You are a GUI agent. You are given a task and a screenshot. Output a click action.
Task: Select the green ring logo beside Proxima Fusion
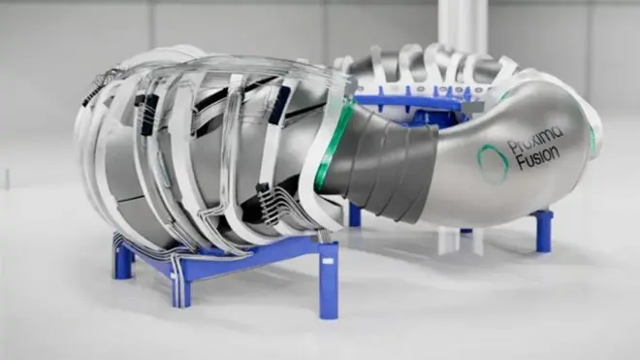click(x=494, y=163)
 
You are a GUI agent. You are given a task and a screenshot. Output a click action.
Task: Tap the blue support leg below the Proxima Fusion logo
click(x=542, y=231)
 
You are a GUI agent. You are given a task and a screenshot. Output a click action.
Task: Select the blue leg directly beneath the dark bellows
click(x=355, y=214)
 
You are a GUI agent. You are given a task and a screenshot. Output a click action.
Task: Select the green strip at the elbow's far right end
click(x=592, y=136)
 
